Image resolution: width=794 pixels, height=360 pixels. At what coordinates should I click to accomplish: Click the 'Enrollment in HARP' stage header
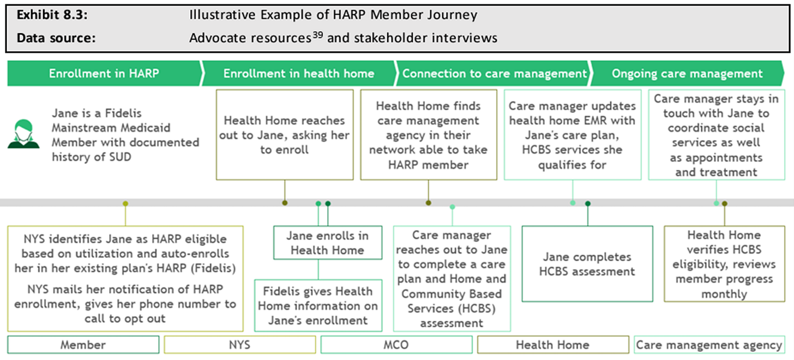[104, 74]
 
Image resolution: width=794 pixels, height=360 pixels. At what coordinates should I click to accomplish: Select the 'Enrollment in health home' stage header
[298, 74]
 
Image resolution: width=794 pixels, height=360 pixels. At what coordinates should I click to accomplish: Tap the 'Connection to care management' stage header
[494, 74]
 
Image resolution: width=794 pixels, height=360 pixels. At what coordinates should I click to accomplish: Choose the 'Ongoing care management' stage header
[687, 74]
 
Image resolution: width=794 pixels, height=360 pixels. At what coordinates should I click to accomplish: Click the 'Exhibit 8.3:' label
[52, 15]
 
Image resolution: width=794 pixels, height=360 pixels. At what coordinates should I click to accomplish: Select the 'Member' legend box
[83, 345]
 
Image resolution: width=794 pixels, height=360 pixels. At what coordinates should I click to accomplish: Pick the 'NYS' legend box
[240, 345]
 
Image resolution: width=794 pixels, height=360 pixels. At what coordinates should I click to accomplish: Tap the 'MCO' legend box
[396, 345]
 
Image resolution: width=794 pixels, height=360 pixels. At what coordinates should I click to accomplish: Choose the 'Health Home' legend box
[552, 345]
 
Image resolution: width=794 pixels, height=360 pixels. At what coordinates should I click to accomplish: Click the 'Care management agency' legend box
[709, 345]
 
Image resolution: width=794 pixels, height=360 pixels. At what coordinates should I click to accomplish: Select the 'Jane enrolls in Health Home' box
[327, 243]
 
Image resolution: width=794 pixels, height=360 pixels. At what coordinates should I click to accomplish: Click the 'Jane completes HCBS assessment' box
[587, 264]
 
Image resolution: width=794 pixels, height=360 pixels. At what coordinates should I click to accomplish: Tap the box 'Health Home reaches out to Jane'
[284, 135]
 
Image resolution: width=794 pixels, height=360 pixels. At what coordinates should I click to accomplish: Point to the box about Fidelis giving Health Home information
[318, 305]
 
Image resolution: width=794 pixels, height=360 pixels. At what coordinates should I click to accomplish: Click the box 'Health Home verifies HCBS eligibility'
[724, 264]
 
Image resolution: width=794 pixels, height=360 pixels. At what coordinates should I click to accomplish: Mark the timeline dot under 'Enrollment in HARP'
[125, 203]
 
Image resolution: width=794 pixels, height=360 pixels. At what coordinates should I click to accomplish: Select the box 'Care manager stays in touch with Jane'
[717, 135]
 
